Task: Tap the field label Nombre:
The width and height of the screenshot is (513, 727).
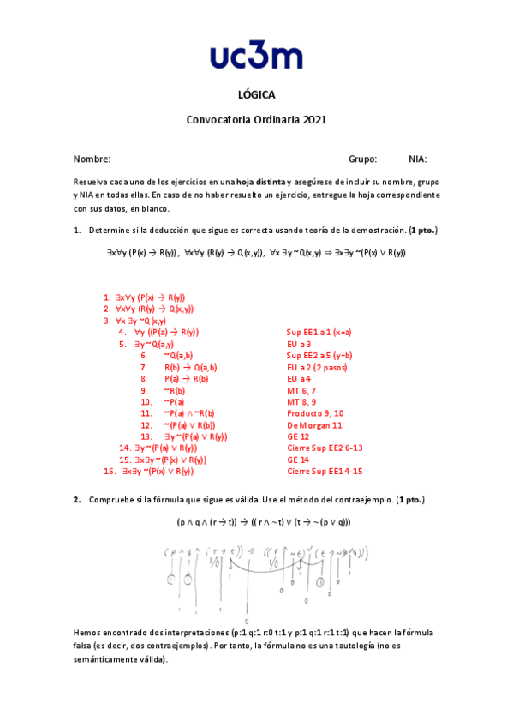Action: click(x=92, y=159)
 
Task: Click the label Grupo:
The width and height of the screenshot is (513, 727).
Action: click(x=362, y=159)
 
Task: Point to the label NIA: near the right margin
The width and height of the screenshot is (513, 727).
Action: click(x=418, y=159)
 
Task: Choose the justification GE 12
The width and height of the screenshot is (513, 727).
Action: click(x=298, y=436)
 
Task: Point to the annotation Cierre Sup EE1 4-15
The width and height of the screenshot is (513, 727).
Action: click(x=325, y=471)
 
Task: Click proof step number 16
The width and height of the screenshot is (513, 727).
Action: click(x=109, y=471)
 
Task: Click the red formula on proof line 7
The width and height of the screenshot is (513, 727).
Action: click(x=188, y=366)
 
